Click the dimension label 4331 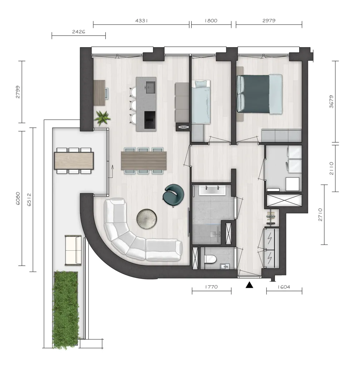(142, 21)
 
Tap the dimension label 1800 (211, 21)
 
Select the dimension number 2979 (269, 21)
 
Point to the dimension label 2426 (78, 32)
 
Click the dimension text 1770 (211, 287)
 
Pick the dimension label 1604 (284, 287)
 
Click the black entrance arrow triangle (249, 285)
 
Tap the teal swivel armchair (173, 195)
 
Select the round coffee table (147, 218)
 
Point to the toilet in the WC (210, 259)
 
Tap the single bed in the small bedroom (201, 102)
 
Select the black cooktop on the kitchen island (150, 120)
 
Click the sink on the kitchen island (151, 87)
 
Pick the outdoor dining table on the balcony (74, 161)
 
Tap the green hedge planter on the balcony (66, 310)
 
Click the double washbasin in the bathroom (212, 190)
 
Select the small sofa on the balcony (73, 250)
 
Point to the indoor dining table (144, 161)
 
